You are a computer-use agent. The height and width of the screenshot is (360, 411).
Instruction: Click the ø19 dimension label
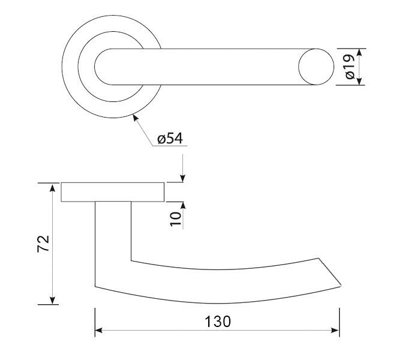[350, 67]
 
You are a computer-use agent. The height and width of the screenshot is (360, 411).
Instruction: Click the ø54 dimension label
[170, 138]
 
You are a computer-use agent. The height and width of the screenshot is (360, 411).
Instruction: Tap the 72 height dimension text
[43, 244]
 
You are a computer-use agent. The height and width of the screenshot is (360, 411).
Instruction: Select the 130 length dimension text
[218, 322]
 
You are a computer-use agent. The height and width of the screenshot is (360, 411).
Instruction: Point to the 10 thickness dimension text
[176, 218]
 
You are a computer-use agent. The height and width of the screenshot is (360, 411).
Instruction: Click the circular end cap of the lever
[316, 67]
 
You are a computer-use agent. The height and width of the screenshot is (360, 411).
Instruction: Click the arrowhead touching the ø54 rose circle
[135, 118]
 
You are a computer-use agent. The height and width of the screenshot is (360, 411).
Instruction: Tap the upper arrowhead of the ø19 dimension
[359, 52]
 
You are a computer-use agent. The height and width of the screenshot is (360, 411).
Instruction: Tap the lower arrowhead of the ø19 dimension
[359, 81]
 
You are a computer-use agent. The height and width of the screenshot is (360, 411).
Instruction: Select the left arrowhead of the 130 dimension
[98, 331]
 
